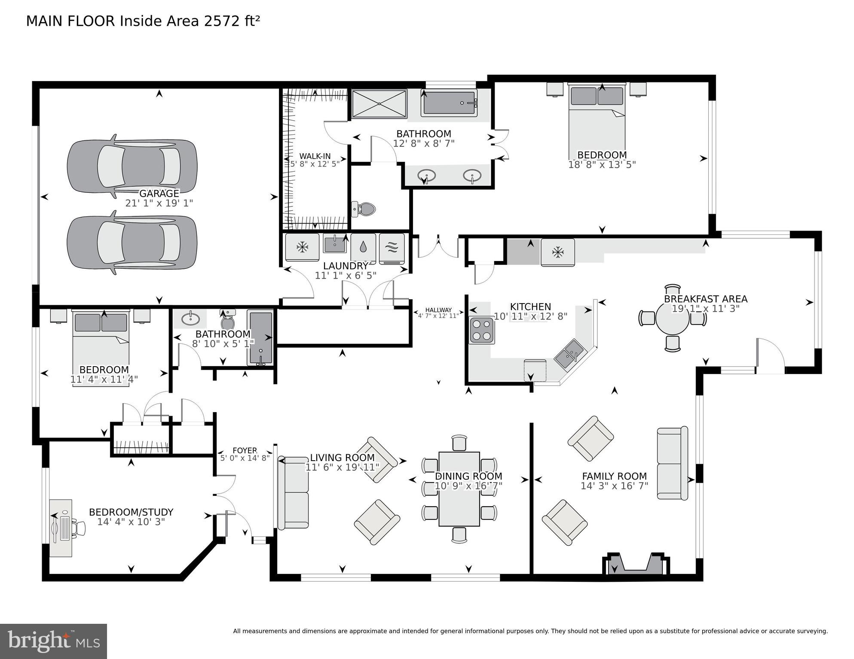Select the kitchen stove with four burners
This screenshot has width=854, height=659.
click(481, 330)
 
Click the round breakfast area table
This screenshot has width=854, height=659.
click(672, 319)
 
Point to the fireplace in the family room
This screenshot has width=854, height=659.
click(636, 564)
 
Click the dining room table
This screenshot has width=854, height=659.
click(459, 489)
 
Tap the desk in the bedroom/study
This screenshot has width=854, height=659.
click(61, 528)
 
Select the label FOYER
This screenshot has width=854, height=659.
click(245, 450)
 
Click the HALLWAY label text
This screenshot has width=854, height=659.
click(438, 310)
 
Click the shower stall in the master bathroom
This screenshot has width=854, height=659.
click(379, 103)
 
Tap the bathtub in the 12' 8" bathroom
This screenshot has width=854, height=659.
click(449, 103)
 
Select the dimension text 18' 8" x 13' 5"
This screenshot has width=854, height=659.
click(602, 164)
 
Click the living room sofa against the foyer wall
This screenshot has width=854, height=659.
click(294, 492)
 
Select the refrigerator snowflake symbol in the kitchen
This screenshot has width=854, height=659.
click(558, 252)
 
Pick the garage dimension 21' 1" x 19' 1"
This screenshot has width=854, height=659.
click(159, 203)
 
